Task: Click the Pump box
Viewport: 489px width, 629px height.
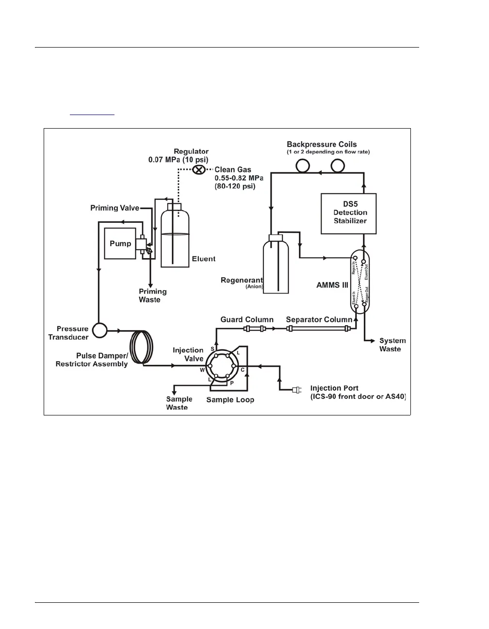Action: [x=120, y=243]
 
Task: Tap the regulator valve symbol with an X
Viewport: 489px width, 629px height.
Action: [x=198, y=169]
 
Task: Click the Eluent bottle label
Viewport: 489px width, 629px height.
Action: [x=203, y=259]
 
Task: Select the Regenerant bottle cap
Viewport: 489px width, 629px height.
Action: [x=275, y=237]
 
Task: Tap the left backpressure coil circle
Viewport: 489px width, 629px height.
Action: [x=303, y=166]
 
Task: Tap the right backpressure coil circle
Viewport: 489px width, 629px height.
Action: [x=338, y=166]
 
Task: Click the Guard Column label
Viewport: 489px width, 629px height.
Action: [x=247, y=319]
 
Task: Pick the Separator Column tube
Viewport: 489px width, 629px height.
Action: [x=318, y=329]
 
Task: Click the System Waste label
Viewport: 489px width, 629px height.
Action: [x=392, y=345]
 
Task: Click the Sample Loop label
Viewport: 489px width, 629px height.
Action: [x=230, y=400]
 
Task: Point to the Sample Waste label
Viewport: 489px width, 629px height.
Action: [x=179, y=403]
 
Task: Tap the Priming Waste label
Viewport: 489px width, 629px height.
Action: [x=152, y=296]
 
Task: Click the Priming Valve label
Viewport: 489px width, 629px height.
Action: [x=114, y=208]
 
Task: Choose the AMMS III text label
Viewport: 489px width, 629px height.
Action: [x=332, y=285]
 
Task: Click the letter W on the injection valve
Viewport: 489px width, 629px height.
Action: [x=202, y=370]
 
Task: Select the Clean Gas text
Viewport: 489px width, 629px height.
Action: [x=233, y=170]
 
